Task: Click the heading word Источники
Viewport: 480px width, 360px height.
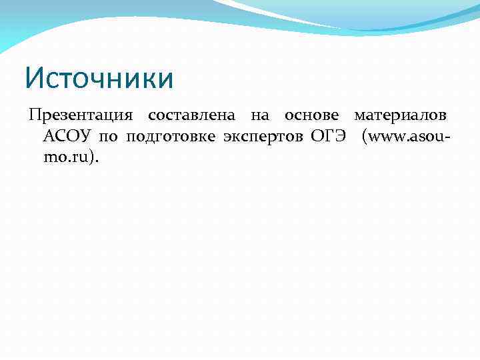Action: click(x=99, y=77)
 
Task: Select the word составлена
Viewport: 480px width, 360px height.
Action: click(x=191, y=115)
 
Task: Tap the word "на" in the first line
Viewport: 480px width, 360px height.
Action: click(x=260, y=115)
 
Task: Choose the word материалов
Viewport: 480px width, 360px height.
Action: click(x=400, y=115)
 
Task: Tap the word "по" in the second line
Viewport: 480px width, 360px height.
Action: click(x=108, y=138)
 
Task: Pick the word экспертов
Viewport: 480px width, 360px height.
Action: click(x=263, y=138)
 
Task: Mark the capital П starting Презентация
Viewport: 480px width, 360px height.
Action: click(x=34, y=115)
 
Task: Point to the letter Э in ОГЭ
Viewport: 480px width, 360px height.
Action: click(x=340, y=137)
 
